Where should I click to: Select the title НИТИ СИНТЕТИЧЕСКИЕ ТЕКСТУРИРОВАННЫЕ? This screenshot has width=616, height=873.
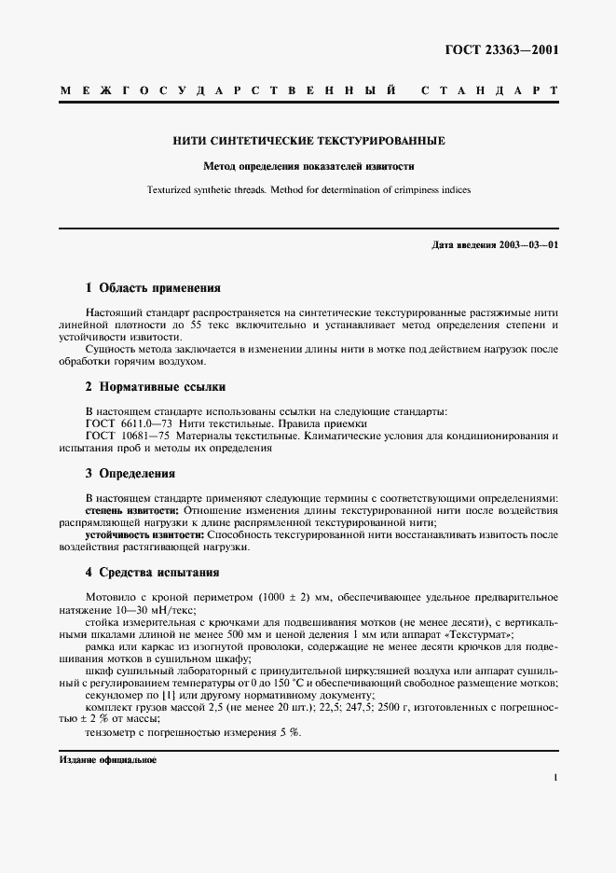308,142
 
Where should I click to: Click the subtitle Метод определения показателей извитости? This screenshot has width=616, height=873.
308,167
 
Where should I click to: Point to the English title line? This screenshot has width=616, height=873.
308,189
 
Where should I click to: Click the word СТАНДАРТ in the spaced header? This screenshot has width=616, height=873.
490,91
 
